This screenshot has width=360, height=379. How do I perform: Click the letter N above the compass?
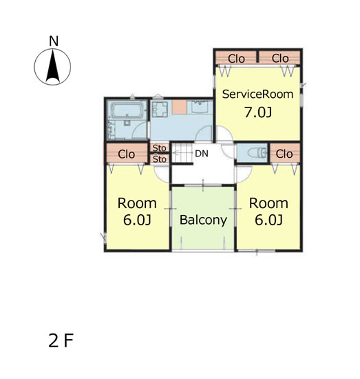tap(54, 41)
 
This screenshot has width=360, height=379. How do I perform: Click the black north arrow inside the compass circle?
tap(53, 66)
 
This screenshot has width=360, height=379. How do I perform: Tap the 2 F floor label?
tap(61, 340)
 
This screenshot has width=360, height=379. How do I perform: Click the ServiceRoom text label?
tap(257, 94)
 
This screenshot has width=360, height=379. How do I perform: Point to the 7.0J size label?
tap(258, 112)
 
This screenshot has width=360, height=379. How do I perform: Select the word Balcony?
tap(203, 220)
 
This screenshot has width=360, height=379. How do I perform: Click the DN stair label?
tap(202, 154)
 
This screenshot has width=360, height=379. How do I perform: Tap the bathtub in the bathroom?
tap(127, 110)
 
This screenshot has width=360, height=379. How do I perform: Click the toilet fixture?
tap(257, 153)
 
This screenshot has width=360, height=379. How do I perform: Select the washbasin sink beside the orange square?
tap(200, 107)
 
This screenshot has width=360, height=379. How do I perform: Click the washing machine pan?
tap(160, 110)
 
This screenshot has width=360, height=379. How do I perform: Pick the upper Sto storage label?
tap(160, 148)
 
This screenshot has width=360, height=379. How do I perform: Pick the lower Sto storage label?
tap(160, 159)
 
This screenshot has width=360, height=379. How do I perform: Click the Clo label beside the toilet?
tap(284, 154)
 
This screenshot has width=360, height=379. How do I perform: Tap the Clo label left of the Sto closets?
tap(126, 154)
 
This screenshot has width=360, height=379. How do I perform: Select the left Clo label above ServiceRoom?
tap(236, 59)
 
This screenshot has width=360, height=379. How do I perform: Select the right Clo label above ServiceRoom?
tap(280, 59)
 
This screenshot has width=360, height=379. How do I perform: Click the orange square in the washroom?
tap(180, 107)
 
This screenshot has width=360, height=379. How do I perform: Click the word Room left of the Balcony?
tap(137, 203)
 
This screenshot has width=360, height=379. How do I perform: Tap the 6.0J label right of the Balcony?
tap(268, 220)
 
